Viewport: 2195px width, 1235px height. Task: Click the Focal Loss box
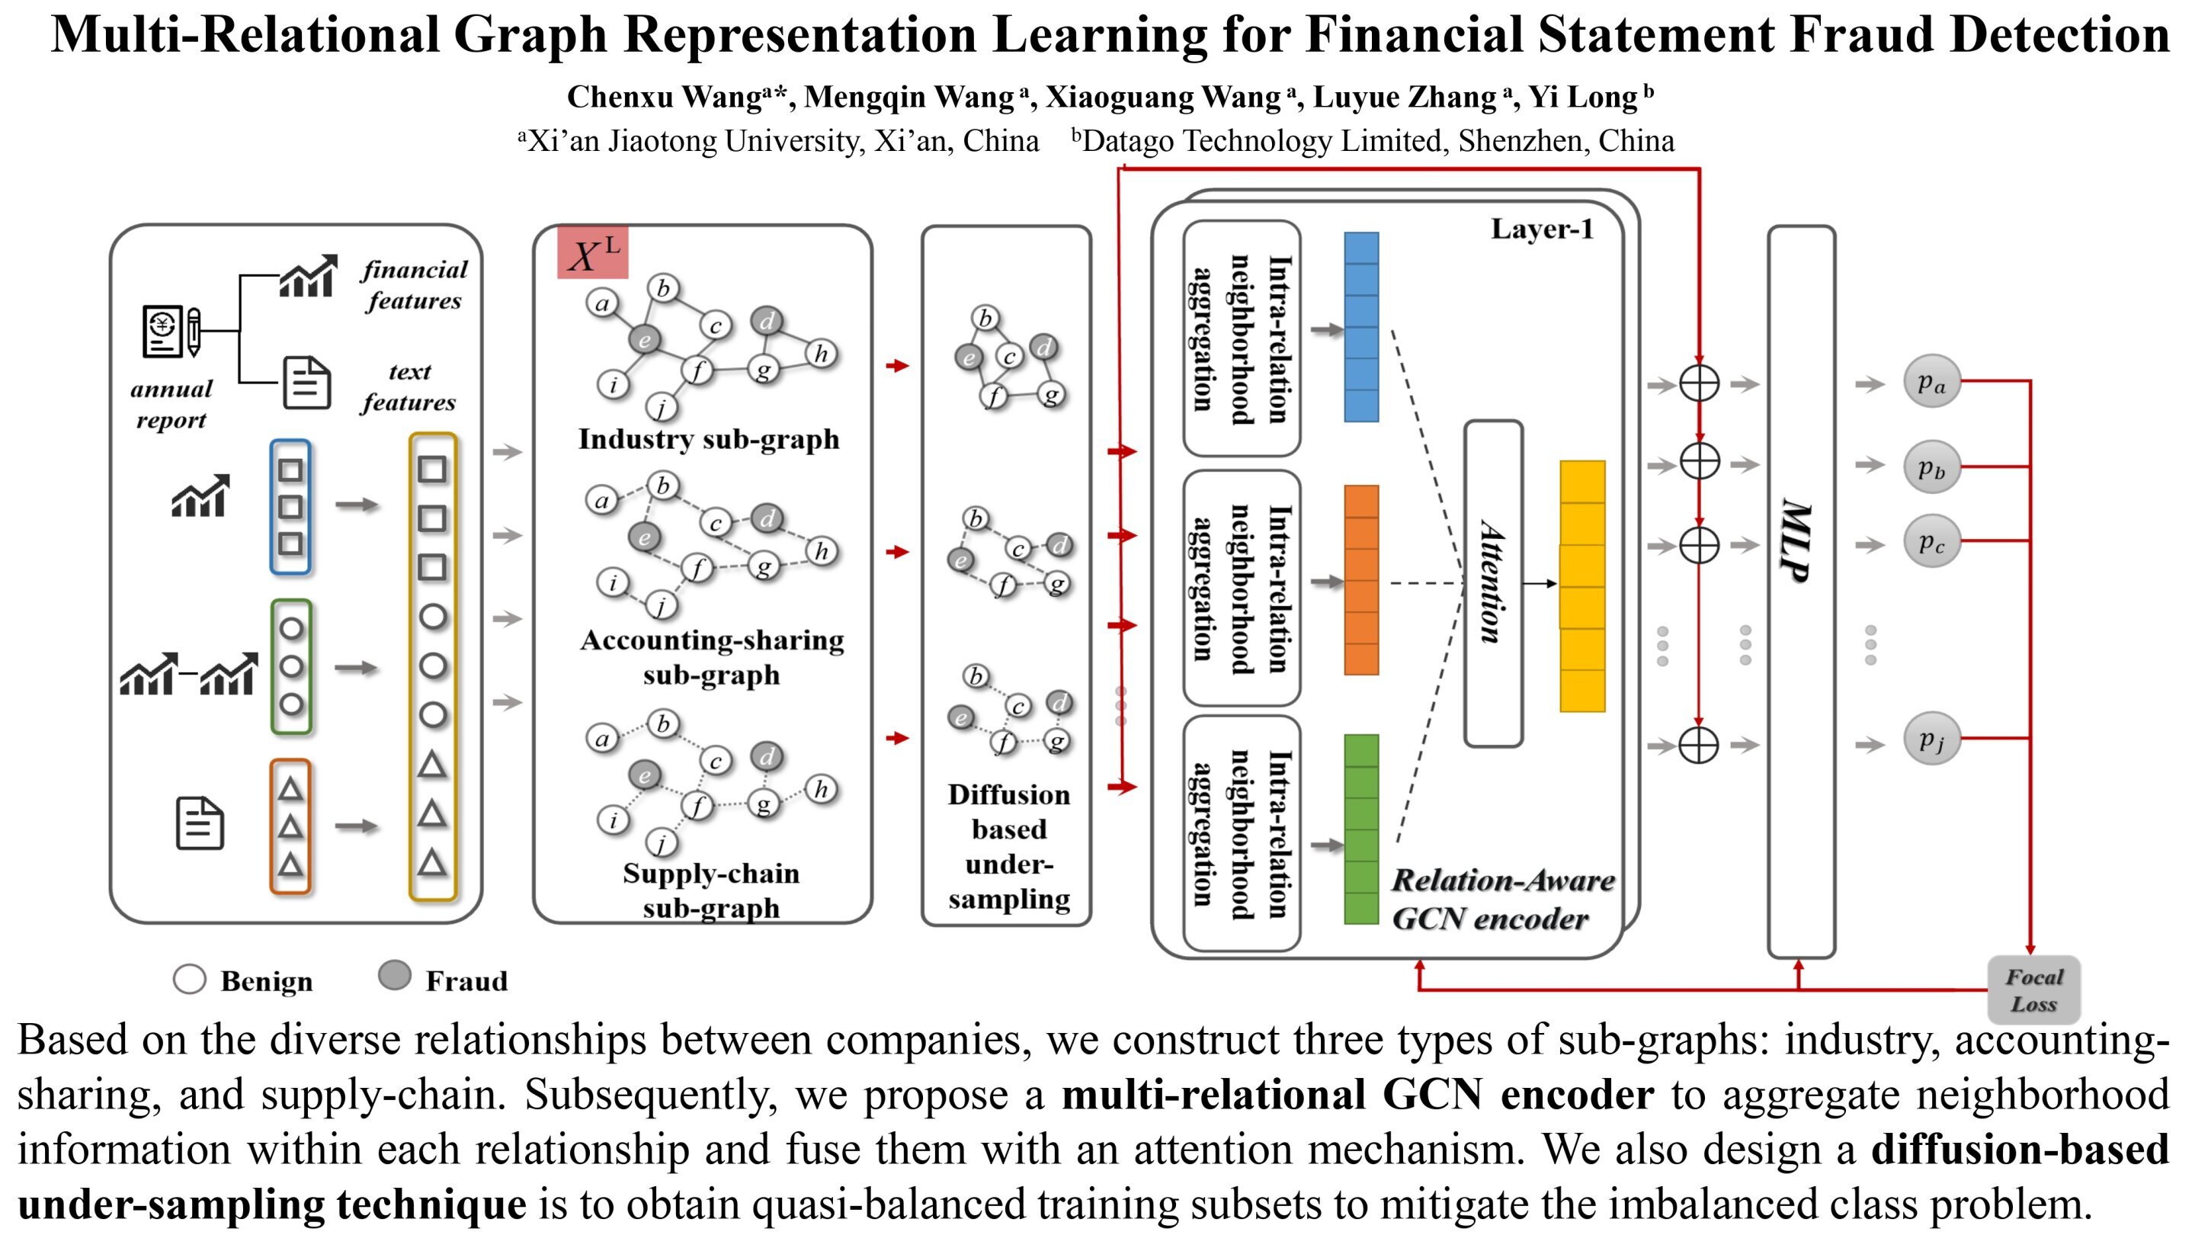tap(2033, 990)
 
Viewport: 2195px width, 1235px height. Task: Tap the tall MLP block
tap(1800, 592)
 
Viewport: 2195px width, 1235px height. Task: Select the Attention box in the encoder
tap(1493, 583)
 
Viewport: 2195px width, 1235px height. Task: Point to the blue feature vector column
tap(1360, 327)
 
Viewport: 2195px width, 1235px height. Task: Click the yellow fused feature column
tap(1581, 585)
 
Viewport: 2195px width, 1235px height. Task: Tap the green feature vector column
tap(1360, 829)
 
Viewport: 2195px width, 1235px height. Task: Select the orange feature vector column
tap(1360, 579)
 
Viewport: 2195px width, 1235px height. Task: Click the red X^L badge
tap(592, 252)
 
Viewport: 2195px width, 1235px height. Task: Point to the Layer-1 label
tap(1541, 229)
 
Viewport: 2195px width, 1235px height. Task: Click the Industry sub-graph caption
tap(708, 439)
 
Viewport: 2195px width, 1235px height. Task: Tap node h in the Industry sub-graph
tap(821, 354)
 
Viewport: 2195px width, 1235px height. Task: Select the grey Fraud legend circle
tap(394, 976)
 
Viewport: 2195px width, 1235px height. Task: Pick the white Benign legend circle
tap(189, 980)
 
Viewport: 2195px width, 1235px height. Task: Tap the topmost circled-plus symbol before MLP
tap(1698, 383)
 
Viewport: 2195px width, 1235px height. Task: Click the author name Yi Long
tap(1583, 97)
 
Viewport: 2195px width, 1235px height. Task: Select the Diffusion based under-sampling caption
tap(1008, 846)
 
